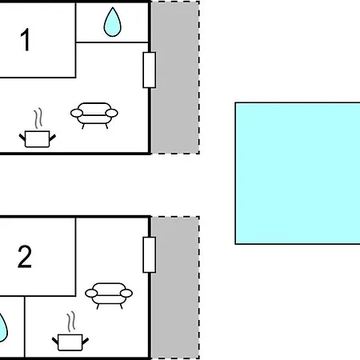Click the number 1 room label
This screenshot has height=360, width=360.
pos(25,39)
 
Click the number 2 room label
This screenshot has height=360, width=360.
pos(25,257)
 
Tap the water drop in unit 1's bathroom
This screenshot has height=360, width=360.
pos(112,22)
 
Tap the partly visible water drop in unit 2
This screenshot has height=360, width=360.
pos(2,328)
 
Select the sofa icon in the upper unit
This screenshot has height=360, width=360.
pos(94,115)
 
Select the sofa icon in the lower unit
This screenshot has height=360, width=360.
pos(109,296)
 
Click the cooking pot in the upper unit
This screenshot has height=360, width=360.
pos(38,139)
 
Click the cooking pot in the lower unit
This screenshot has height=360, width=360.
pos(70,342)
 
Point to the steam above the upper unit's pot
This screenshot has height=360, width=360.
pos(38,118)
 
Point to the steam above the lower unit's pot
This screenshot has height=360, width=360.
pos(71,322)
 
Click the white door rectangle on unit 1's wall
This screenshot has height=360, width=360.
pos(150,70)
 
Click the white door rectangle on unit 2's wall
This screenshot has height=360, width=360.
pos(150,254)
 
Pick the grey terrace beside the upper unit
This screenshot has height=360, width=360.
pos(175,78)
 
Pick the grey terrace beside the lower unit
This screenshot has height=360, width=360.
pos(175,287)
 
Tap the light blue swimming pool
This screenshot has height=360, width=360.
pos(298,173)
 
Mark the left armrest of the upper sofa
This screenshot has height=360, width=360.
pos(77,113)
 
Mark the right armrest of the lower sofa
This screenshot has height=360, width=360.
pos(126,294)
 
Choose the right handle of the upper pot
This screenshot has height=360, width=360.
pos(53,138)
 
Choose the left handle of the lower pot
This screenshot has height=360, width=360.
pos(55,341)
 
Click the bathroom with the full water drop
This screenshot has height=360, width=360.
pos(112,22)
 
